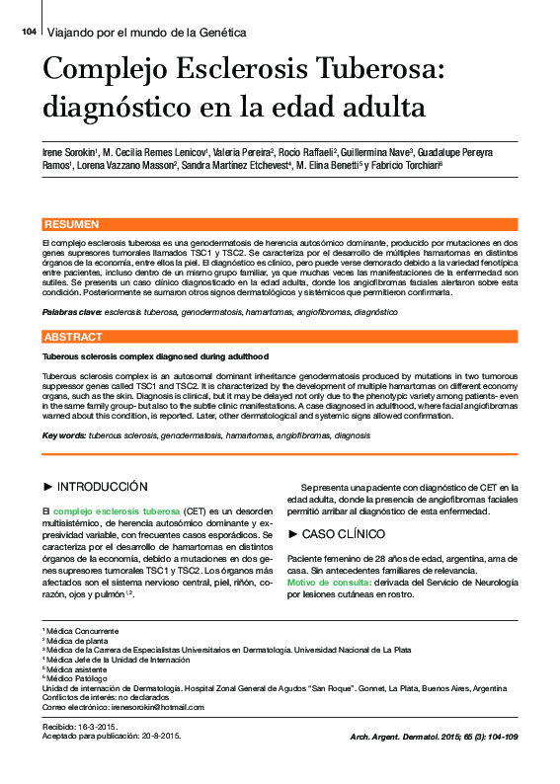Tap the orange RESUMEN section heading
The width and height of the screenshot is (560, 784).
pos(72,225)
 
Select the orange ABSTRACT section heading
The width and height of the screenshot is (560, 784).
pos(74,338)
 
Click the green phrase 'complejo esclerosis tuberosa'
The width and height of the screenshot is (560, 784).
pos(117,511)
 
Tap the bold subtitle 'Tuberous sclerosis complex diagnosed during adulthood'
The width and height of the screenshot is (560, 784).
pos(155,356)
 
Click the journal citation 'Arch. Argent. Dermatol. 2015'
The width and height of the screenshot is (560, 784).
pos(415,738)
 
